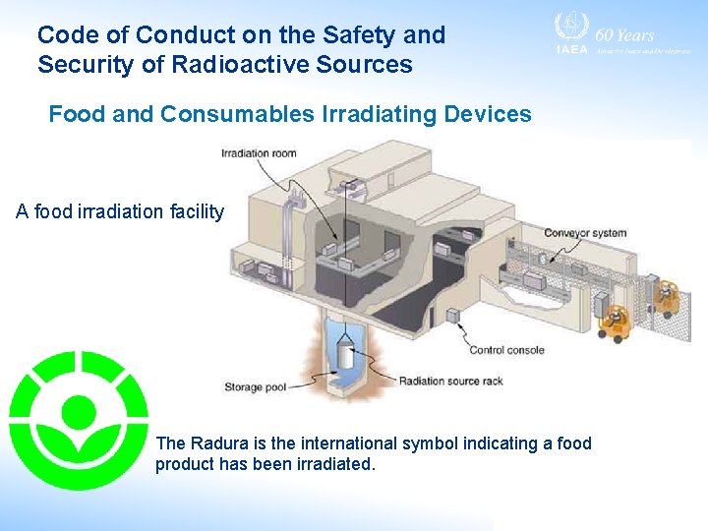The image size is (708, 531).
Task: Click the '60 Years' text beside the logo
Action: [625, 34]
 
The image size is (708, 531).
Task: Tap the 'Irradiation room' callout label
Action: [259, 153]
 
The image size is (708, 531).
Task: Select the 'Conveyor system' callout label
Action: [585, 233]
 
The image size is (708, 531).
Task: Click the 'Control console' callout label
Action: [506, 350]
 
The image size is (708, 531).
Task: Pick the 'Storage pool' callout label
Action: [255, 387]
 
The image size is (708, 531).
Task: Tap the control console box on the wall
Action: [453, 316]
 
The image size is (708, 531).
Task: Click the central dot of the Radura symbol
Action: [79, 410]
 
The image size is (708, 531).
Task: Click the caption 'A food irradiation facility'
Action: [120, 211]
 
